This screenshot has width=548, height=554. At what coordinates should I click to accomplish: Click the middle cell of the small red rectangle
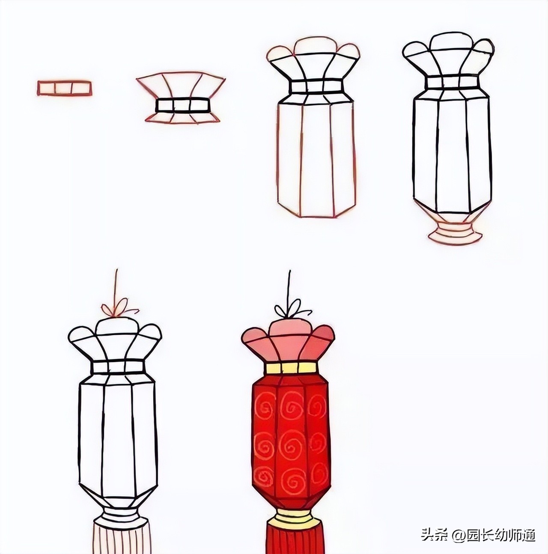[63, 88]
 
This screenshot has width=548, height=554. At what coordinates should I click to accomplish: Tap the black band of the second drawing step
[182, 105]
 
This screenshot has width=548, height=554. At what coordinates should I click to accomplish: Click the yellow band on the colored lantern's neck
[291, 368]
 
